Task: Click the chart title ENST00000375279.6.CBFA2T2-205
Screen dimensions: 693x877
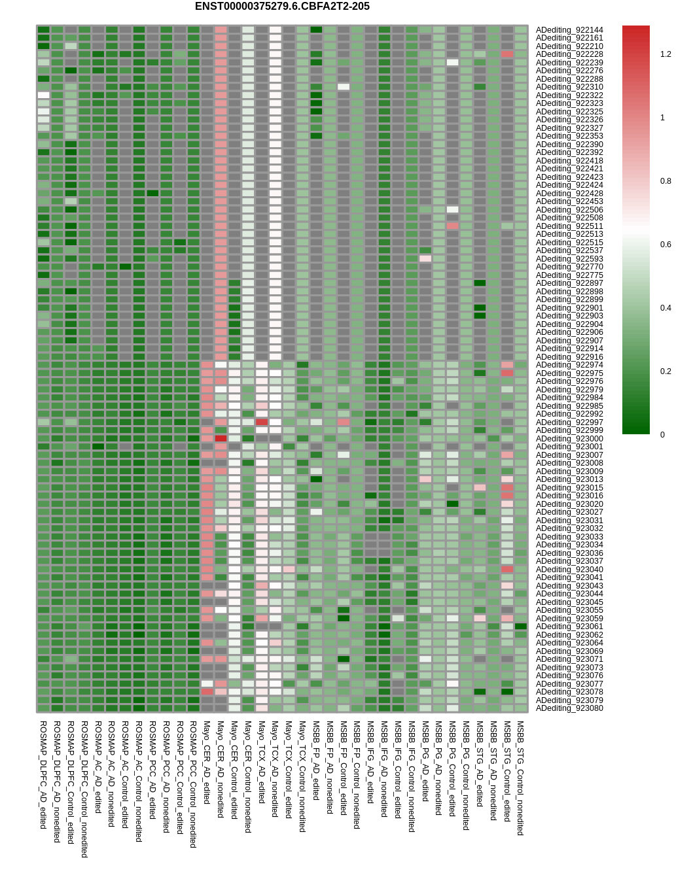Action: pyautogui.click(x=282, y=7)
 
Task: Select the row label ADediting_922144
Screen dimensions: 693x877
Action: pyautogui.click(x=569, y=29)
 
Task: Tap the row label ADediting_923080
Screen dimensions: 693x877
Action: pyautogui.click(x=569, y=708)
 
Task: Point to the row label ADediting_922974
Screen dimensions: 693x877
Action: pyautogui.click(x=569, y=365)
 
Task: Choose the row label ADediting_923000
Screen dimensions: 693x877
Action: pyautogui.click(x=569, y=438)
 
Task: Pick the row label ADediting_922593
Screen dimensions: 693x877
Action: pyautogui.click(x=569, y=259)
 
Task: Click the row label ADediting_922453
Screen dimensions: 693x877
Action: pyautogui.click(x=569, y=201)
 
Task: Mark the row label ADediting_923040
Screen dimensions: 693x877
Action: pyautogui.click(x=569, y=570)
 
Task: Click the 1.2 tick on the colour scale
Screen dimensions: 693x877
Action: pyautogui.click(x=666, y=54)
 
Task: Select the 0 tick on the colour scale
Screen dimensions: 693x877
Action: pyautogui.click(x=662, y=435)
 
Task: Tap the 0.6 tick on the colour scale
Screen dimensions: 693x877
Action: pyautogui.click(x=666, y=245)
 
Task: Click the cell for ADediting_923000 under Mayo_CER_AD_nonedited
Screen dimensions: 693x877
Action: pyautogui.click(x=221, y=438)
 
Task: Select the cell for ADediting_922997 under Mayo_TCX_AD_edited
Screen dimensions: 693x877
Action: pyautogui.click(x=262, y=422)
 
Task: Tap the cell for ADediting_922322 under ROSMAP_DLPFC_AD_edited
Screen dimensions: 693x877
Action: pyautogui.click(x=43, y=95)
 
